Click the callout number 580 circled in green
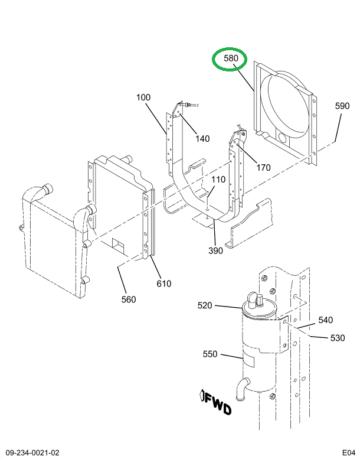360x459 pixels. (x=231, y=59)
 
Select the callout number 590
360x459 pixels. (x=342, y=106)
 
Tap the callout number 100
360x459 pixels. (x=143, y=97)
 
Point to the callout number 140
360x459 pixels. (x=202, y=139)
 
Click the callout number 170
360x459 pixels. (x=263, y=168)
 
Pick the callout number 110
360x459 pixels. (x=218, y=180)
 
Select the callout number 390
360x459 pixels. (x=215, y=250)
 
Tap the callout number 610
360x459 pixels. (x=163, y=284)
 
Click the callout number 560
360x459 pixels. (x=128, y=300)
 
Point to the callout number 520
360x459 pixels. (x=205, y=305)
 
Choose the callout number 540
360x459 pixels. (x=325, y=320)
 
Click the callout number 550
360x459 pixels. (x=210, y=354)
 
